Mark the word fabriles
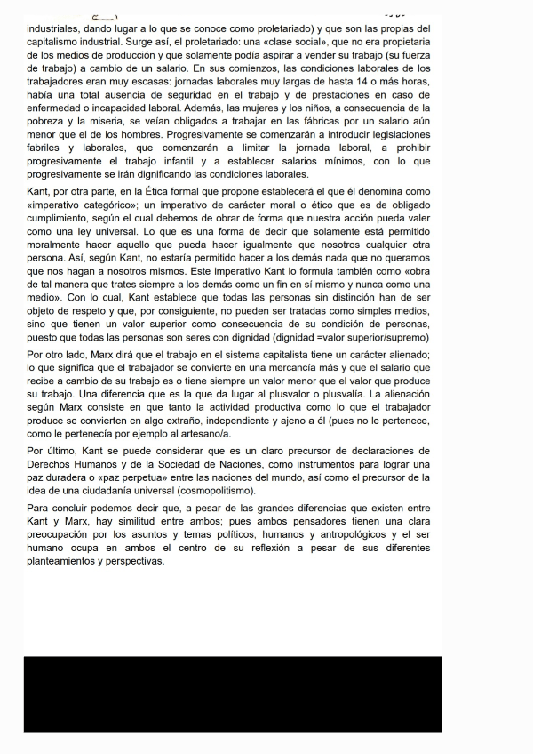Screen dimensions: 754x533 tap(49, 148)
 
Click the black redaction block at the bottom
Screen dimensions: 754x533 tap(233, 694)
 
